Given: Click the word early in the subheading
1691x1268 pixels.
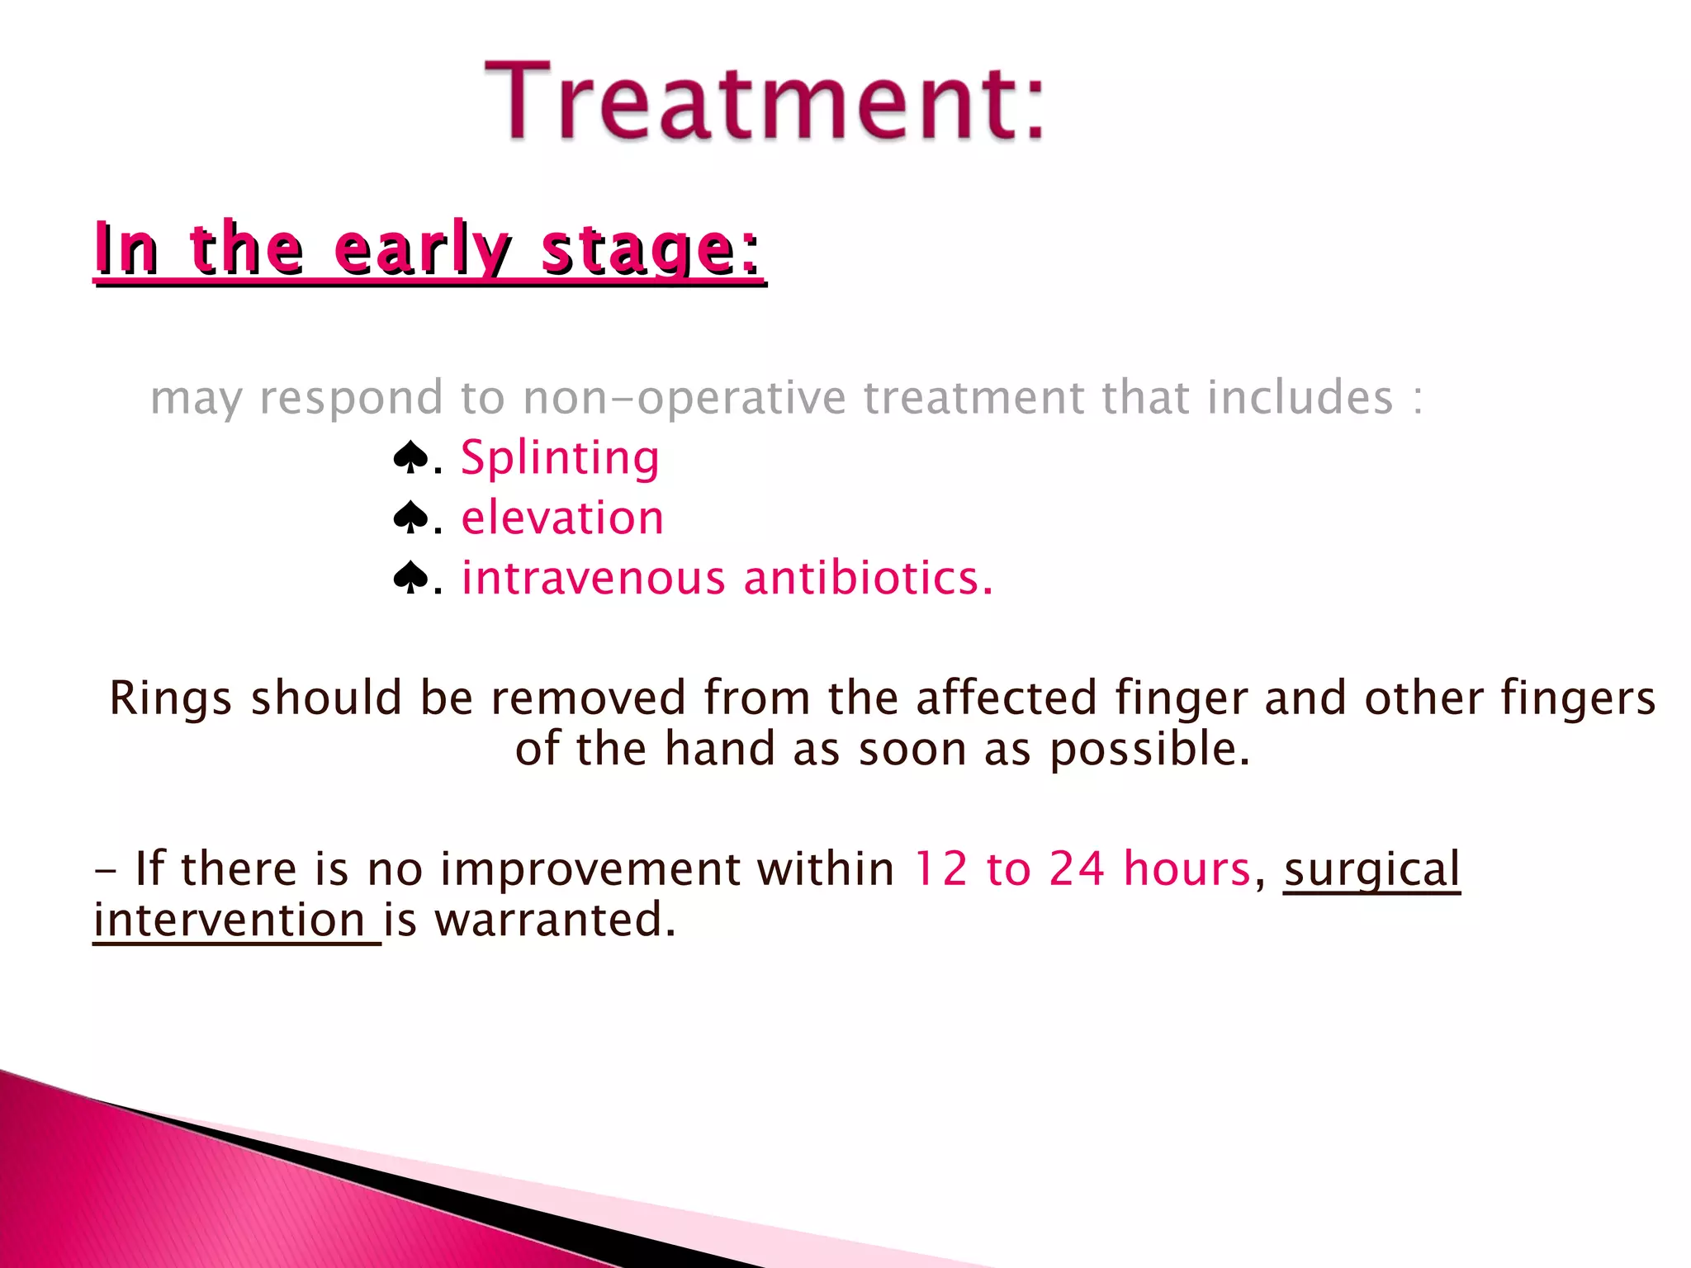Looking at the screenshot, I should coord(422,248).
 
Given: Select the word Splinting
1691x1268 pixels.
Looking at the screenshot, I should coord(560,458).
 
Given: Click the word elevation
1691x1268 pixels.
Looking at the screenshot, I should coord(562,518).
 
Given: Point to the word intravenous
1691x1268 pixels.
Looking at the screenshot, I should coord(593,578).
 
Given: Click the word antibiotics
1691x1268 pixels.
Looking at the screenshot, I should coord(868,578).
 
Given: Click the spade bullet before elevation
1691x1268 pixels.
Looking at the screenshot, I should coord(410,518).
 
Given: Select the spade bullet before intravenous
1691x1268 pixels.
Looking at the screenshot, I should coord(410,578).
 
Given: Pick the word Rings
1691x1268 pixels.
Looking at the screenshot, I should coord(170,698).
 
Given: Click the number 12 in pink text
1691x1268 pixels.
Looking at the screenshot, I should coord(940,869).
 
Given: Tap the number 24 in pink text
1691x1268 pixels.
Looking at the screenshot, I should coord(1077,869).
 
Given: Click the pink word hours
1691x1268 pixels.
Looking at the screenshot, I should coord(1187,869).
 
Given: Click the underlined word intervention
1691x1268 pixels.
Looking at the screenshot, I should coord(230,920).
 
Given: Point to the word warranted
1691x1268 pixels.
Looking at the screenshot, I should coord(555,920).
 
